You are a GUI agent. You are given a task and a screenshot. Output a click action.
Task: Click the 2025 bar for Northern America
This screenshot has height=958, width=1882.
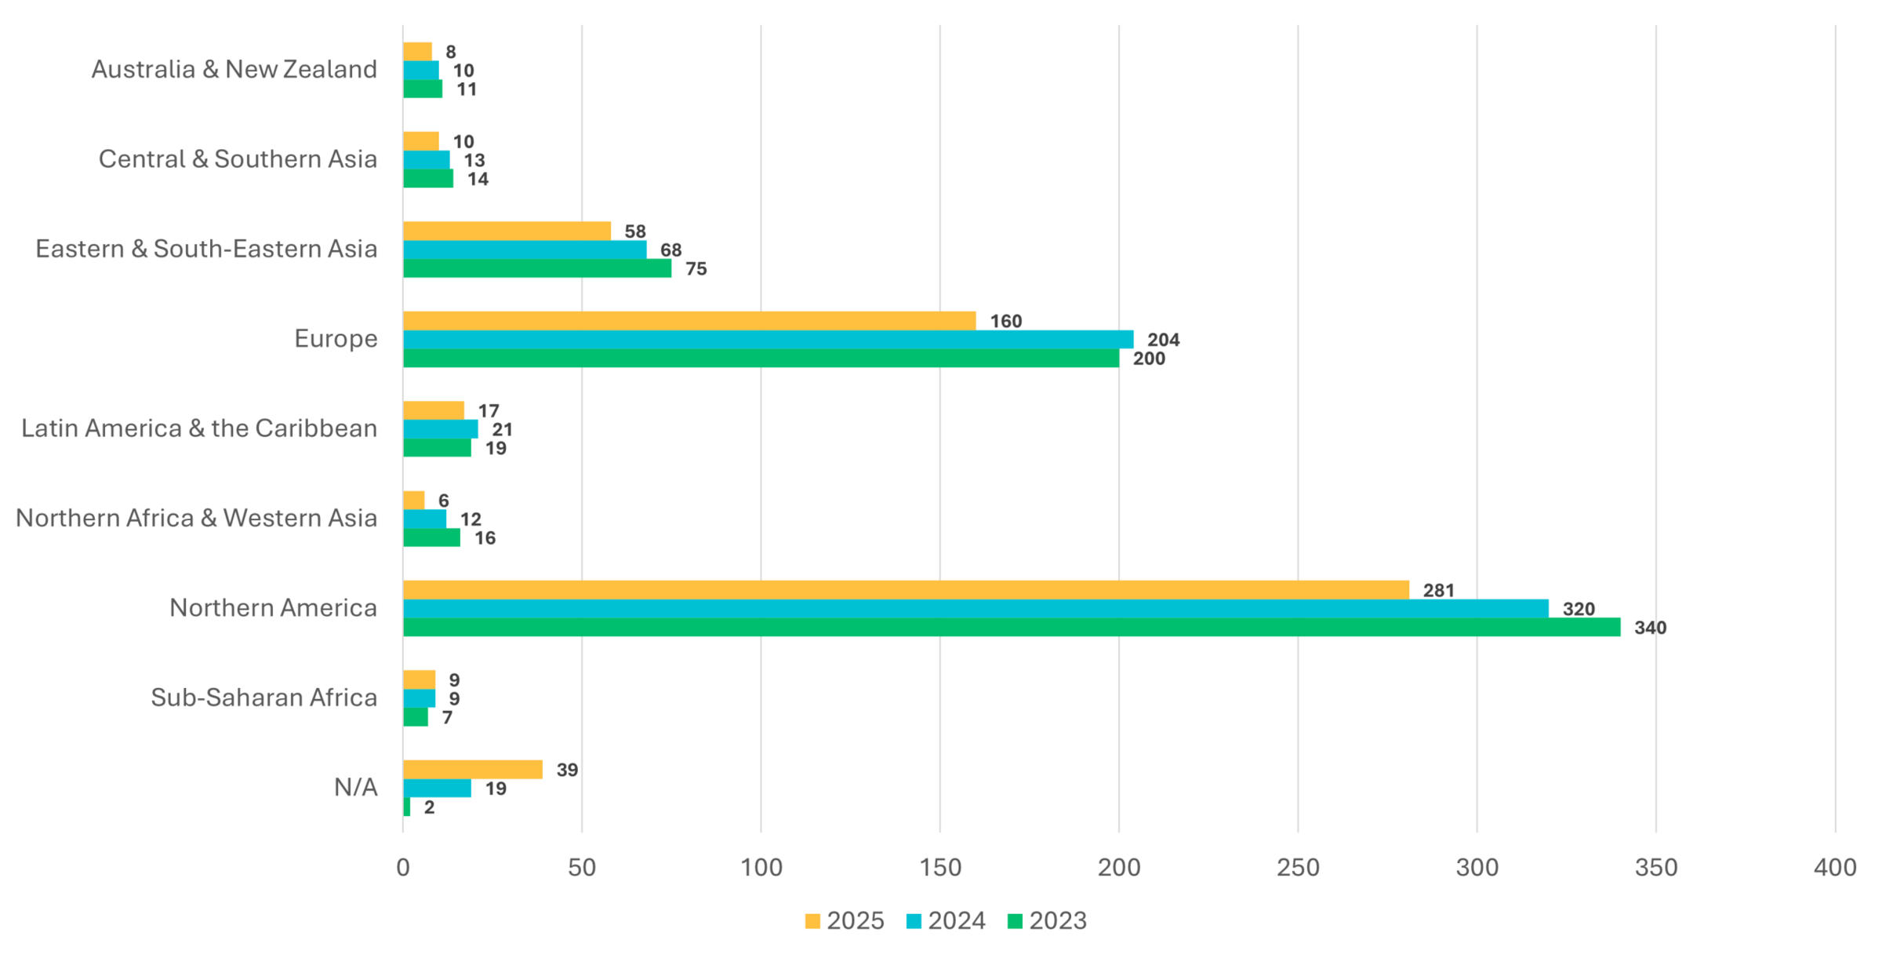coord(906,590)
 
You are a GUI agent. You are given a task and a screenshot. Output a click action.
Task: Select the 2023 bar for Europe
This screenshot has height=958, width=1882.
coord(761,359)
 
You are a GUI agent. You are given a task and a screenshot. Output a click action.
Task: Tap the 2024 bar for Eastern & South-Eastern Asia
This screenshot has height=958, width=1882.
coord(525,250)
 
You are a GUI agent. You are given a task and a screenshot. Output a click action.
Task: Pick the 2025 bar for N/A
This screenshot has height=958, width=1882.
coord(473,770)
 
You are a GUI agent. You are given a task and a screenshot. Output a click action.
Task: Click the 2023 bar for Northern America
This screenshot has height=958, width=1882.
coord(1012,628)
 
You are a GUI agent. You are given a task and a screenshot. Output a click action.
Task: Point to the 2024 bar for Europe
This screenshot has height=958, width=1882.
coord(768,340)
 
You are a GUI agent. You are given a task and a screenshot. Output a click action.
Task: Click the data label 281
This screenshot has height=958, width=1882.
coord(1438,590)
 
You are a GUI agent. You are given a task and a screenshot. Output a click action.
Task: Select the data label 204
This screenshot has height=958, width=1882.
coord(1163,340)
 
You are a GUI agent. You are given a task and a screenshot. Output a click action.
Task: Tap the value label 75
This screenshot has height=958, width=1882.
coord(696,269)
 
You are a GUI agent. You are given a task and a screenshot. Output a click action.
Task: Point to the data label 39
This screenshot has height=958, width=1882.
coord(567,770)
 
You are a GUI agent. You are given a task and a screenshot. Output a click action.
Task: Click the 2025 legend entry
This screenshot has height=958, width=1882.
coord(845,921)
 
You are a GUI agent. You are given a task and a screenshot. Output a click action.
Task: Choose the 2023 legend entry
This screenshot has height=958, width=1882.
coord(1048,921)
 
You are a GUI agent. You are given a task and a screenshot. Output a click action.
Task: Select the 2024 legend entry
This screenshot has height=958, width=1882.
coord(946,921)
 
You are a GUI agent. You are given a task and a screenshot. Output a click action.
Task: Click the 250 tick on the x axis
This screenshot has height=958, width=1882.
coord(1298,868)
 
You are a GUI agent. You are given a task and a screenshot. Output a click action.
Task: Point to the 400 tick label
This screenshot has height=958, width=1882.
coord(1835,868)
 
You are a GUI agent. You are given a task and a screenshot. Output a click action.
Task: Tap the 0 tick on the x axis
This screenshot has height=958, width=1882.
coord(403,868)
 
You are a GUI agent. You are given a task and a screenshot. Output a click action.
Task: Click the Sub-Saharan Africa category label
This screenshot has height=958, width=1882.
coord(263,698)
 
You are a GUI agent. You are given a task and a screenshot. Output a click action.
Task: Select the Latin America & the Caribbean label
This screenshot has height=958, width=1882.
coord(199,428)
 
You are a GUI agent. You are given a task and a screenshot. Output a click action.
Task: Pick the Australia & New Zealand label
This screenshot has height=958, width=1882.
coord(234,70)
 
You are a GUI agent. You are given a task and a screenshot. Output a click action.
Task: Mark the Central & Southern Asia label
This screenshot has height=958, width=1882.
coord(238,159)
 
